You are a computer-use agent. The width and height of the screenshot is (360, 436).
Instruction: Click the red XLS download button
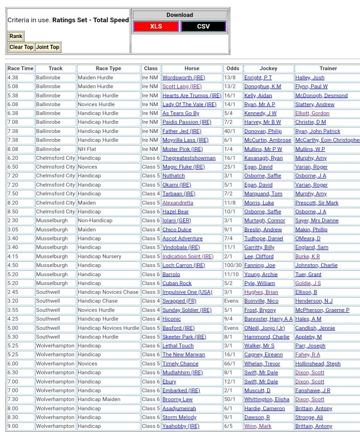click(x=156, y=26)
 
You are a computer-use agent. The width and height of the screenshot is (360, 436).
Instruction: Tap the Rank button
click(x=16, y=36)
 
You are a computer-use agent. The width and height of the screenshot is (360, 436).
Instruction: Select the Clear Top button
click(x=21, y=47)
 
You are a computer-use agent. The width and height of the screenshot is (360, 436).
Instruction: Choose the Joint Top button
click(x=48, y=47)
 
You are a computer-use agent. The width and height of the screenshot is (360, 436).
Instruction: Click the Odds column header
click(x=232, y=68)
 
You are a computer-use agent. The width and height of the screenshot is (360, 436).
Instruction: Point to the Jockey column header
click(x=268, y=68)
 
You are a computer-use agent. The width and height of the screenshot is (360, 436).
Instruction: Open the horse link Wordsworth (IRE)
click(x=183, y=78)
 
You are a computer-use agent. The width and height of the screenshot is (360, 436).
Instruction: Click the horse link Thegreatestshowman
click(x=189, y=158)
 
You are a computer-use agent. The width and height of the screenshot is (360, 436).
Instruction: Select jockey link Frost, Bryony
click(x=260, y=310)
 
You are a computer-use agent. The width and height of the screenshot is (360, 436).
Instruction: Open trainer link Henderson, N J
click(x=314, y=301)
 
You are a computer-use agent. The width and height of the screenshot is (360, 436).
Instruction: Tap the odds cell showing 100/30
click(x=232, y=266)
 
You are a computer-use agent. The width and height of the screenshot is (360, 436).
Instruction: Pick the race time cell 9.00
click(x=13, y=426)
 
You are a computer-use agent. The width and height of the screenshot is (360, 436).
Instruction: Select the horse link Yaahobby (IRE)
click(x=180, y=426)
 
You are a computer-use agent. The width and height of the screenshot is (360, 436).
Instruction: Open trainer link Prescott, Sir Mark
click(x=316, y=203)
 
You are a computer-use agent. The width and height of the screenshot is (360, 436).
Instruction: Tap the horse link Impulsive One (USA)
click(x=187, y=292)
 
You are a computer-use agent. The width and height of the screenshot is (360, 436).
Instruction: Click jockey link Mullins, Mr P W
click(x=263, y=149)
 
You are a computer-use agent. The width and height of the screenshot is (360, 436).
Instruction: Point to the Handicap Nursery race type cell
click(x=99, y=257)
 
